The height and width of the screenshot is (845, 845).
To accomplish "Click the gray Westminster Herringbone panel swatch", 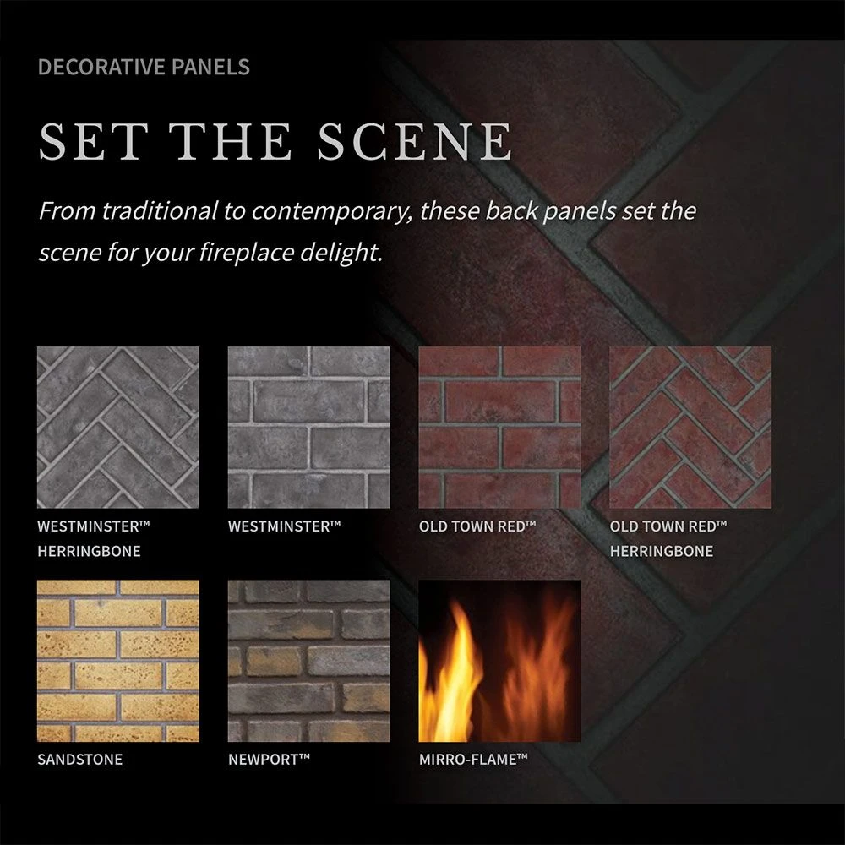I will point(118,428).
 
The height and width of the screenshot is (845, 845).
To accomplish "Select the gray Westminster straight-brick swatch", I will point(308,428).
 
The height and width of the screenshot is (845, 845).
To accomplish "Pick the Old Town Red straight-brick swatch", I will point(499,428).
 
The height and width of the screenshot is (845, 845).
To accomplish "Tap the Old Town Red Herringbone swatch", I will point(690,428).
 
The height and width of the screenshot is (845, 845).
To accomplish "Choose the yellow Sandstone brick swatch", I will point(118,661).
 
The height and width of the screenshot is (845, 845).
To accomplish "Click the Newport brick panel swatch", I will point(308,661).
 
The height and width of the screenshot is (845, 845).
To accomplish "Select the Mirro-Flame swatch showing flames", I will point(499,661).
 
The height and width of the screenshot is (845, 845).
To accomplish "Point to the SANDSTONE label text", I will point(79,760).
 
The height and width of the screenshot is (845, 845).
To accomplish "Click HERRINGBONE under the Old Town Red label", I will point(661,552).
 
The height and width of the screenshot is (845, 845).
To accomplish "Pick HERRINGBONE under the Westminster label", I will point(89,552).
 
